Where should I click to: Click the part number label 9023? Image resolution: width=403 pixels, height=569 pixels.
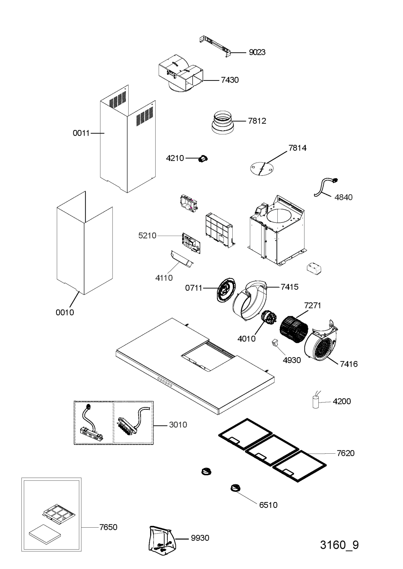click(257, 52)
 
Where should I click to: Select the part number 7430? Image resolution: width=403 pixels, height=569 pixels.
click(230, 80)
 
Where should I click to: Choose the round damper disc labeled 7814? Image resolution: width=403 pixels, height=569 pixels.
click(261, 168)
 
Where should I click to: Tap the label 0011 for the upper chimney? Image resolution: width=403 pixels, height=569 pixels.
click(81, 133)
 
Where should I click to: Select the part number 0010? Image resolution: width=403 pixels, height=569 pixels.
click(65, 312)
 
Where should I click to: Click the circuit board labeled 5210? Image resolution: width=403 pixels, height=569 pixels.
click(191, 243)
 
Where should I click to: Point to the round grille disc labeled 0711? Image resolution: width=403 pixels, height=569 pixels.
click(226, 290)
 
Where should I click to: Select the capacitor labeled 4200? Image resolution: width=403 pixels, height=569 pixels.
click(315, 401)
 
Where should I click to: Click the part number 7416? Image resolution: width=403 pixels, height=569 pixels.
click(349, 364)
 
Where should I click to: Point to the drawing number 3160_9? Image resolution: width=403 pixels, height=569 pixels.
click(339, 544)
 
